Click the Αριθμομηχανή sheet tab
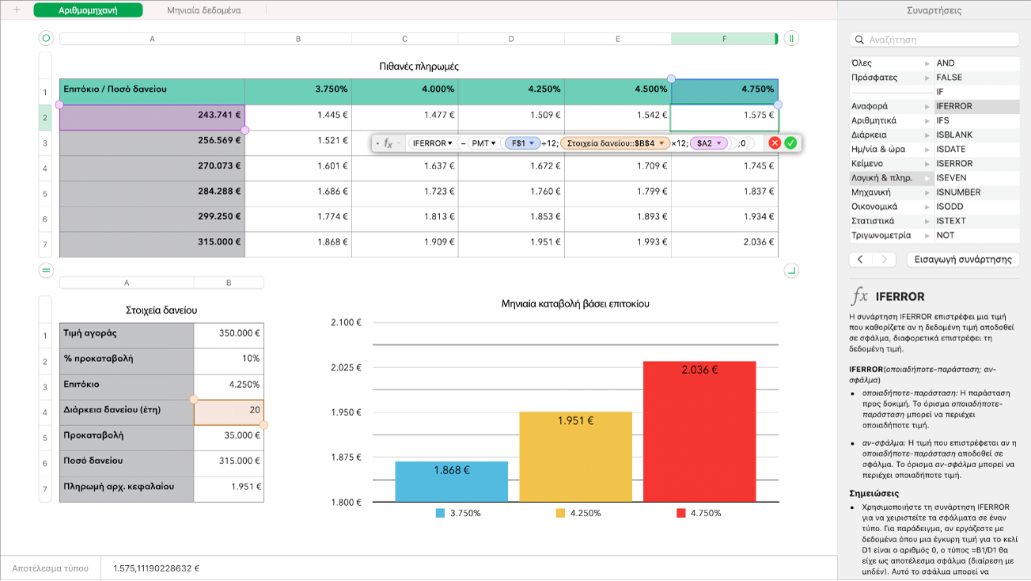tap(89, 10)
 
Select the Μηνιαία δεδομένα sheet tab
tap(204, 10)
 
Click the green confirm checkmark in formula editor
tap(790, 143)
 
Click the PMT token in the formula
tap(483, 143)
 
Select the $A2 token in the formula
tap(708, 143)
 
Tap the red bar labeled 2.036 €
tap(699, 431)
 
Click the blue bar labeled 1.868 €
tap(451, 481)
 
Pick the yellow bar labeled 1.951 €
tap(575, 456)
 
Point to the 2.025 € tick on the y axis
tap(344, 367)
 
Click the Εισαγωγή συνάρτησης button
tap(962, 259)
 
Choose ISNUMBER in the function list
tap(958, 192)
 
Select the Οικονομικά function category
tap(874, 207)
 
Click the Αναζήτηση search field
tap(934, 40)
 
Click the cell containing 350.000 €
tap(229, 333)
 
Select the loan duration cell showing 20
tap(229, 410)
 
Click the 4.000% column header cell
tap(404, 89)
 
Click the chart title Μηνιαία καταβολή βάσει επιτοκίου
tap(575, 303)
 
